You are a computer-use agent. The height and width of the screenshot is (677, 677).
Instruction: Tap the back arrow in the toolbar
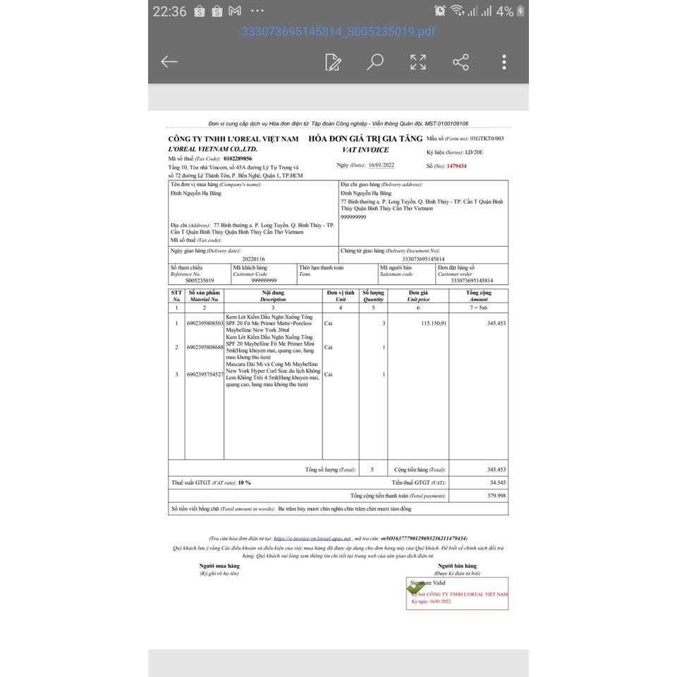coord(169,62)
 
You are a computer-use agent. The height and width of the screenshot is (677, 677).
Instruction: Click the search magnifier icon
coord(375,62)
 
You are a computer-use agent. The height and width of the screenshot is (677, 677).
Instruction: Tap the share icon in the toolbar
coord(461,62)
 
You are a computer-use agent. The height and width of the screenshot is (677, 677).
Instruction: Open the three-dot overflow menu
coord(504,62)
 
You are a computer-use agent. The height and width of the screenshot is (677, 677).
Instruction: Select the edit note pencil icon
coord(333,62)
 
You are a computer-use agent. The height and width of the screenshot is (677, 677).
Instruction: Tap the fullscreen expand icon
coord(418,62)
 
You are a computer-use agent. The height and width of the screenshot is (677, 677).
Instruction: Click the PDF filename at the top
coord(338,32)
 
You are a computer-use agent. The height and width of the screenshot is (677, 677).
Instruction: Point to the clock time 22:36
coord(169,11)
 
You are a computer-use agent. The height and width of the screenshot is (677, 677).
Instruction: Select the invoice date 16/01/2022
coord(382,165)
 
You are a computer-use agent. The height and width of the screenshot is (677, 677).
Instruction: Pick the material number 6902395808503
coord(205,323)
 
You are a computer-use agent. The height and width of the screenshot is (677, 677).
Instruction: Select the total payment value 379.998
coord(496,496)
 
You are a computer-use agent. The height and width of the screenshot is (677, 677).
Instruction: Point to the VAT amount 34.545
coord(498,482)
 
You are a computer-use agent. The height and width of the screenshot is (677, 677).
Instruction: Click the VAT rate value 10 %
coord(244,482)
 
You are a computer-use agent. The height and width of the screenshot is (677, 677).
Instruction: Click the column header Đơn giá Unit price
coord(418,295)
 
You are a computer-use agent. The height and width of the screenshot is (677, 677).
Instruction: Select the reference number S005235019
coord(196,281)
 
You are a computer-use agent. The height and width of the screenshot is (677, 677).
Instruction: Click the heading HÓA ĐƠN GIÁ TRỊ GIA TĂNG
coord(365,139)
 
